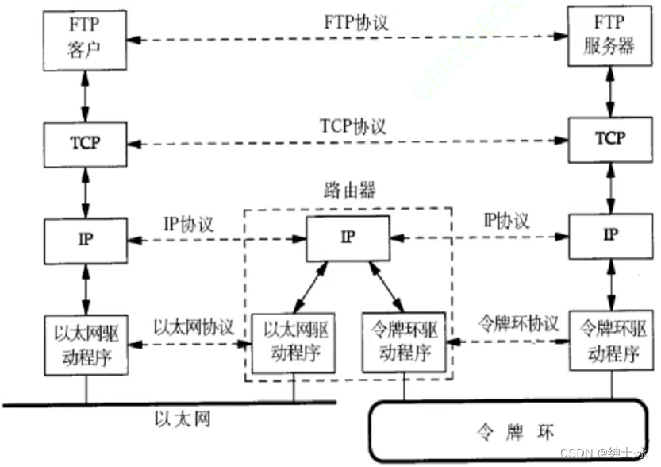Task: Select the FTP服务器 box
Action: coord(610,37)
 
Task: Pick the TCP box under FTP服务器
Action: coord(610,137)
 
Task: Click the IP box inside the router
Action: coord(348,236)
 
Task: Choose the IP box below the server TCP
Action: coord(610,234)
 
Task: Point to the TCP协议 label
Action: coord(353,126)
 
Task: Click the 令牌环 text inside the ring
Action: coord(519,432)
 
